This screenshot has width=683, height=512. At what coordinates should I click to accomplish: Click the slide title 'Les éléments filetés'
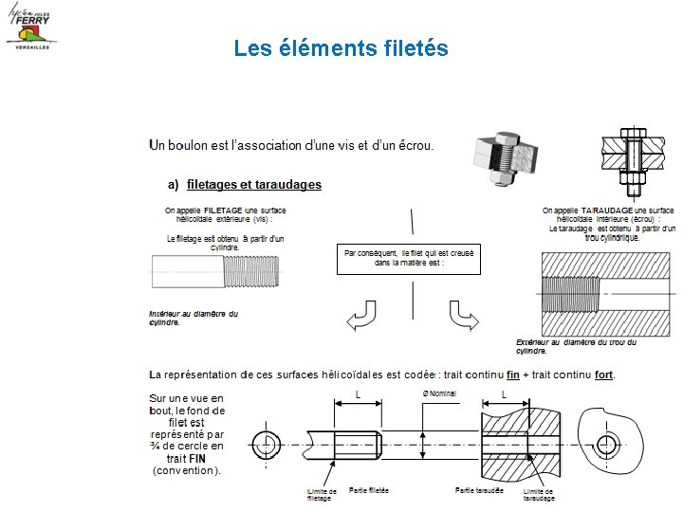[341, 47]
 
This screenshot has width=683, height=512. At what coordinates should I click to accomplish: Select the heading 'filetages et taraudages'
[253, 184]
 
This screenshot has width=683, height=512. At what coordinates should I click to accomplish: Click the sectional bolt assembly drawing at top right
[636, 157]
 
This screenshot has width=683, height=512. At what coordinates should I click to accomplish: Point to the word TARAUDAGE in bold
[605, 210]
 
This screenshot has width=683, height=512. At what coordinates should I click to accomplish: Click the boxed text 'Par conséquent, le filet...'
[409, 258]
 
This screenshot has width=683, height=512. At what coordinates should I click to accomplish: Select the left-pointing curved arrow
[361, 318]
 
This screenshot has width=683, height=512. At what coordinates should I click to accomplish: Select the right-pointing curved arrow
[462, 318]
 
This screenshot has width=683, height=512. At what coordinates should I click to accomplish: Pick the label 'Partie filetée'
[369, 490]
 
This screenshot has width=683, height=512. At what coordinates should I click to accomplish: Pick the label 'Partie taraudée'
[479, 490]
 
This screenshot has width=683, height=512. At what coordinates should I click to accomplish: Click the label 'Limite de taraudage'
[539, 494]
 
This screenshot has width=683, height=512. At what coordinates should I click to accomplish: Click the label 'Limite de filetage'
[321, 494]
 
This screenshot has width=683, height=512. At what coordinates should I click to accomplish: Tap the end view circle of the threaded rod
[265, 444]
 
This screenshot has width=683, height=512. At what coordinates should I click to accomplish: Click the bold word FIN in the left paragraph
[197, 457]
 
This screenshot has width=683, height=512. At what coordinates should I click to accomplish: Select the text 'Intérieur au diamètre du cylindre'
[194, 318]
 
